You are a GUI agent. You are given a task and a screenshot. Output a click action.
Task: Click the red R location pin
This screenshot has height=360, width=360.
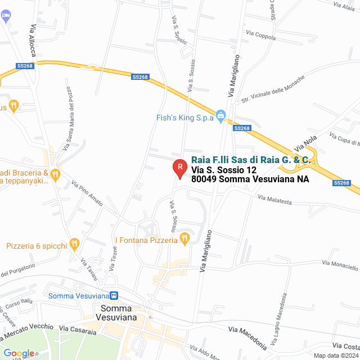179,168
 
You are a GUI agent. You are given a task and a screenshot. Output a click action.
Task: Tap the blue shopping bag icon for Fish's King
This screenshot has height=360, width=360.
221,118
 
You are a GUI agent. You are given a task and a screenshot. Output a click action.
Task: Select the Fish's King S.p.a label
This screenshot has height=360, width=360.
185,118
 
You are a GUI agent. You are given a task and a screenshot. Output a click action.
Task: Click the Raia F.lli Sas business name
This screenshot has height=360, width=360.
251,160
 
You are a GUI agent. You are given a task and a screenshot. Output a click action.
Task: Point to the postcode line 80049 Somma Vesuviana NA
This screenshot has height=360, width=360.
250,180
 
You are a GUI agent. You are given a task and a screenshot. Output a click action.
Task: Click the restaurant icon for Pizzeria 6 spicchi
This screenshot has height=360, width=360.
74,245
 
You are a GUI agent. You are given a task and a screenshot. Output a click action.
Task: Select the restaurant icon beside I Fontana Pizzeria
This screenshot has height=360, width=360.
184,240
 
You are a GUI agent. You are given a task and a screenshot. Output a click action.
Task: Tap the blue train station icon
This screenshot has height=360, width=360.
114,296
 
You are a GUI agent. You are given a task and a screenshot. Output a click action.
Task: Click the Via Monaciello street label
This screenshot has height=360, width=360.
340,265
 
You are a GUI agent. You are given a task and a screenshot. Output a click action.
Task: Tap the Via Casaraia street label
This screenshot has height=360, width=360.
78,328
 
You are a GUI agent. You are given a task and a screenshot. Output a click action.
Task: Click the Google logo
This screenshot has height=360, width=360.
18,353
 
